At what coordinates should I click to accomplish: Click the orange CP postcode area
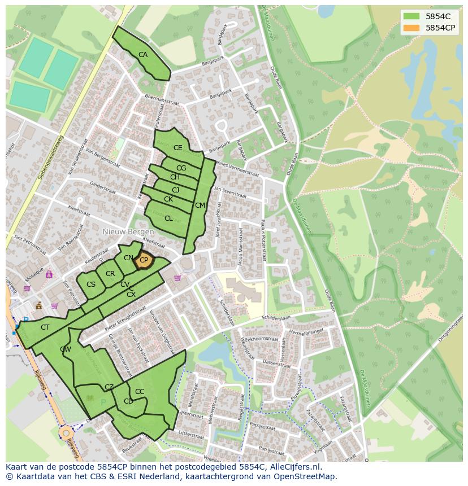tap(144, 260)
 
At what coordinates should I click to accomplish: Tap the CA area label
tap(143, 55)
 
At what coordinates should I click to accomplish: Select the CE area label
tap(178, 148)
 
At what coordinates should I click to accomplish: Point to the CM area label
tap(200, 205)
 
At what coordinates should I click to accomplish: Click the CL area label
tap(168, 218)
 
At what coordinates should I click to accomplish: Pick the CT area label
tap(45, 327)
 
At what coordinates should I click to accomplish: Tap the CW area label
tap(66, 349)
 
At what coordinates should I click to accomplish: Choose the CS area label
tap(91, 284)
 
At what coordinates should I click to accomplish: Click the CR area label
tap(110, 274)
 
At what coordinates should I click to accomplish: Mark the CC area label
tap(140, 392)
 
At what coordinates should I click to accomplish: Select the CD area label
tap(128, 401)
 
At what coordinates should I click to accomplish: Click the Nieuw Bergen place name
tap(128, 232)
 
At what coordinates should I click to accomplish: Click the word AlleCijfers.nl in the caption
tap(293, 467)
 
